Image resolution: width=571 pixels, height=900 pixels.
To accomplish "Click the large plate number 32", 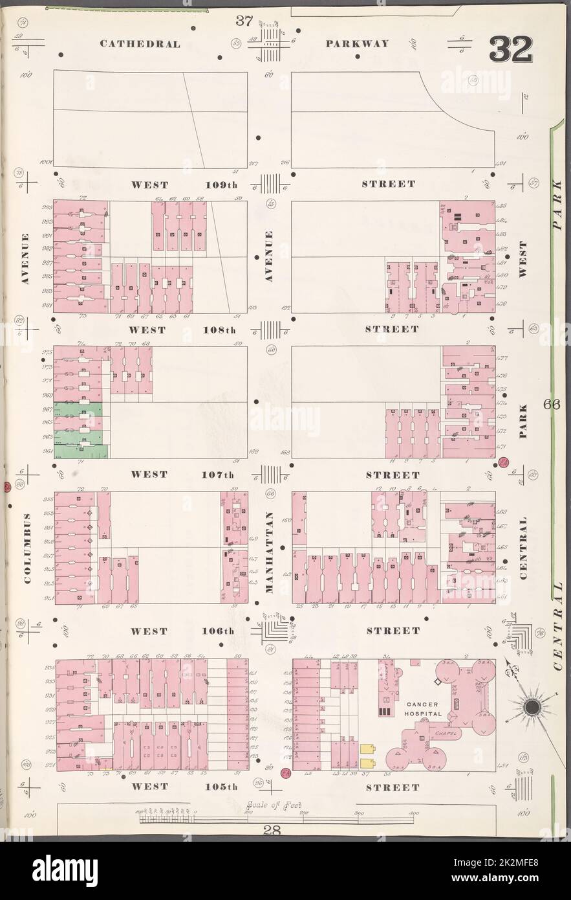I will [510, 47].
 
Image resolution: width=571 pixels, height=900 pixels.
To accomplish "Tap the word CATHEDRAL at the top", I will [140, 44].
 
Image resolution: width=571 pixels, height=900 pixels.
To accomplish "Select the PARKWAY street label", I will [358, 44].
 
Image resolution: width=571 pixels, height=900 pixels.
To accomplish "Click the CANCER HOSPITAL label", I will [424, 708].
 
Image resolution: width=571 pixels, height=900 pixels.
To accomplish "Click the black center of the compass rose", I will [534, 707].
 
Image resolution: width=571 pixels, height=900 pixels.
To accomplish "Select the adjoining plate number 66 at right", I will [551, 406].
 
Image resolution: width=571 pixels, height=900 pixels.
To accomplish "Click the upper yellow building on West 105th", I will [368, 746].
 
